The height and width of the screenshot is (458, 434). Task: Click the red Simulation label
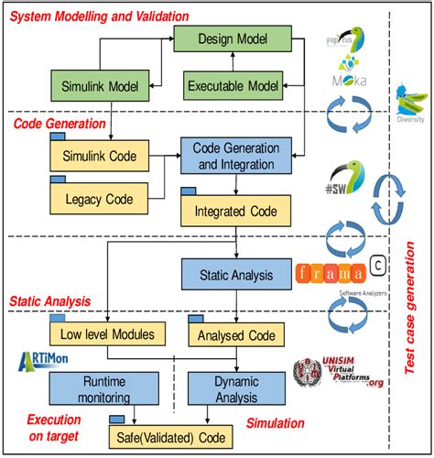[x=280, y=425]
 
